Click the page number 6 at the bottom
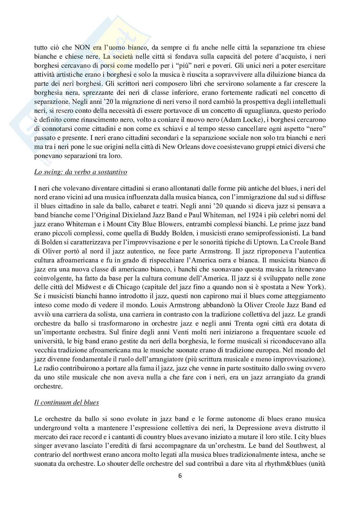180,475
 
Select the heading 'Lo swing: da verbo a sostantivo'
81,172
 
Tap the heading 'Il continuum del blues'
66,402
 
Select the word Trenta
205,323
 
